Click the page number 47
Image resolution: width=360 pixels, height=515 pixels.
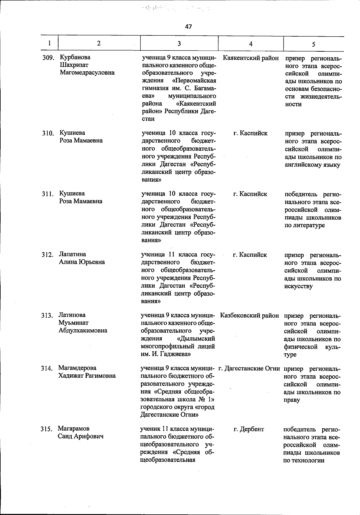188,27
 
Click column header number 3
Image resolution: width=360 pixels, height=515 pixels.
179,43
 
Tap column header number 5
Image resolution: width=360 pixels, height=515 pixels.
313,44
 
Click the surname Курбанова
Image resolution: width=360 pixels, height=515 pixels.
75,57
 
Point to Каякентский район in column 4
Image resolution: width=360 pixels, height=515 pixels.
251,58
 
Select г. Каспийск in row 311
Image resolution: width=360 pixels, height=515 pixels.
250,194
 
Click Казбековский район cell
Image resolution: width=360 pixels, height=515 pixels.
250,315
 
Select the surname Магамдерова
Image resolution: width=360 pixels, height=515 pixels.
77,368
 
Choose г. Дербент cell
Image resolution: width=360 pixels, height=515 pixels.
249,429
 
